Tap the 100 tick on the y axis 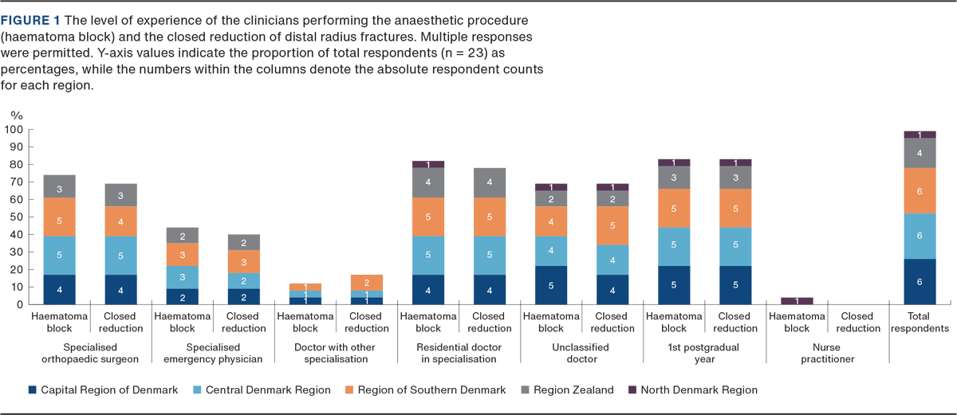tap(14, 130)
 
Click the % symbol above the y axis tap(15, 115)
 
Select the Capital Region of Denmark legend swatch tap(32, 390)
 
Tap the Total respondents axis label tap(920, 323)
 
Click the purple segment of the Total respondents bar tap(920, 135)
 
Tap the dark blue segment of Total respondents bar tap(920, 281)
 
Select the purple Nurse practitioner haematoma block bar tap(796, 300)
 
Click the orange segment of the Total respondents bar tap(920, 190)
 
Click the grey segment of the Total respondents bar tap(920, 153)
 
